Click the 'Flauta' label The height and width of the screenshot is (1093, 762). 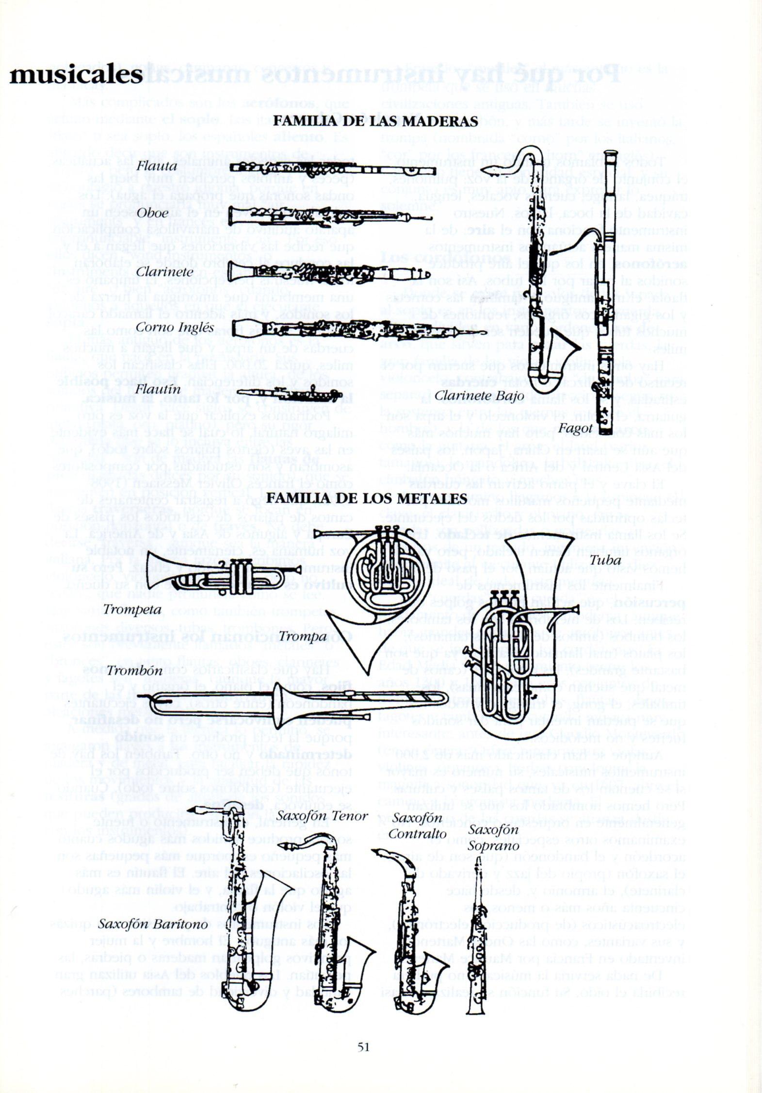pos(157,166)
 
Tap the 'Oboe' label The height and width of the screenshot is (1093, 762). pos(153,213)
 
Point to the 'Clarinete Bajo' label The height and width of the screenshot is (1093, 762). pos(479,396)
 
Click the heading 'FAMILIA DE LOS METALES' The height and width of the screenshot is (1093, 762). pos(367,498)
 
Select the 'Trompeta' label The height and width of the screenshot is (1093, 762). pos(132,609)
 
